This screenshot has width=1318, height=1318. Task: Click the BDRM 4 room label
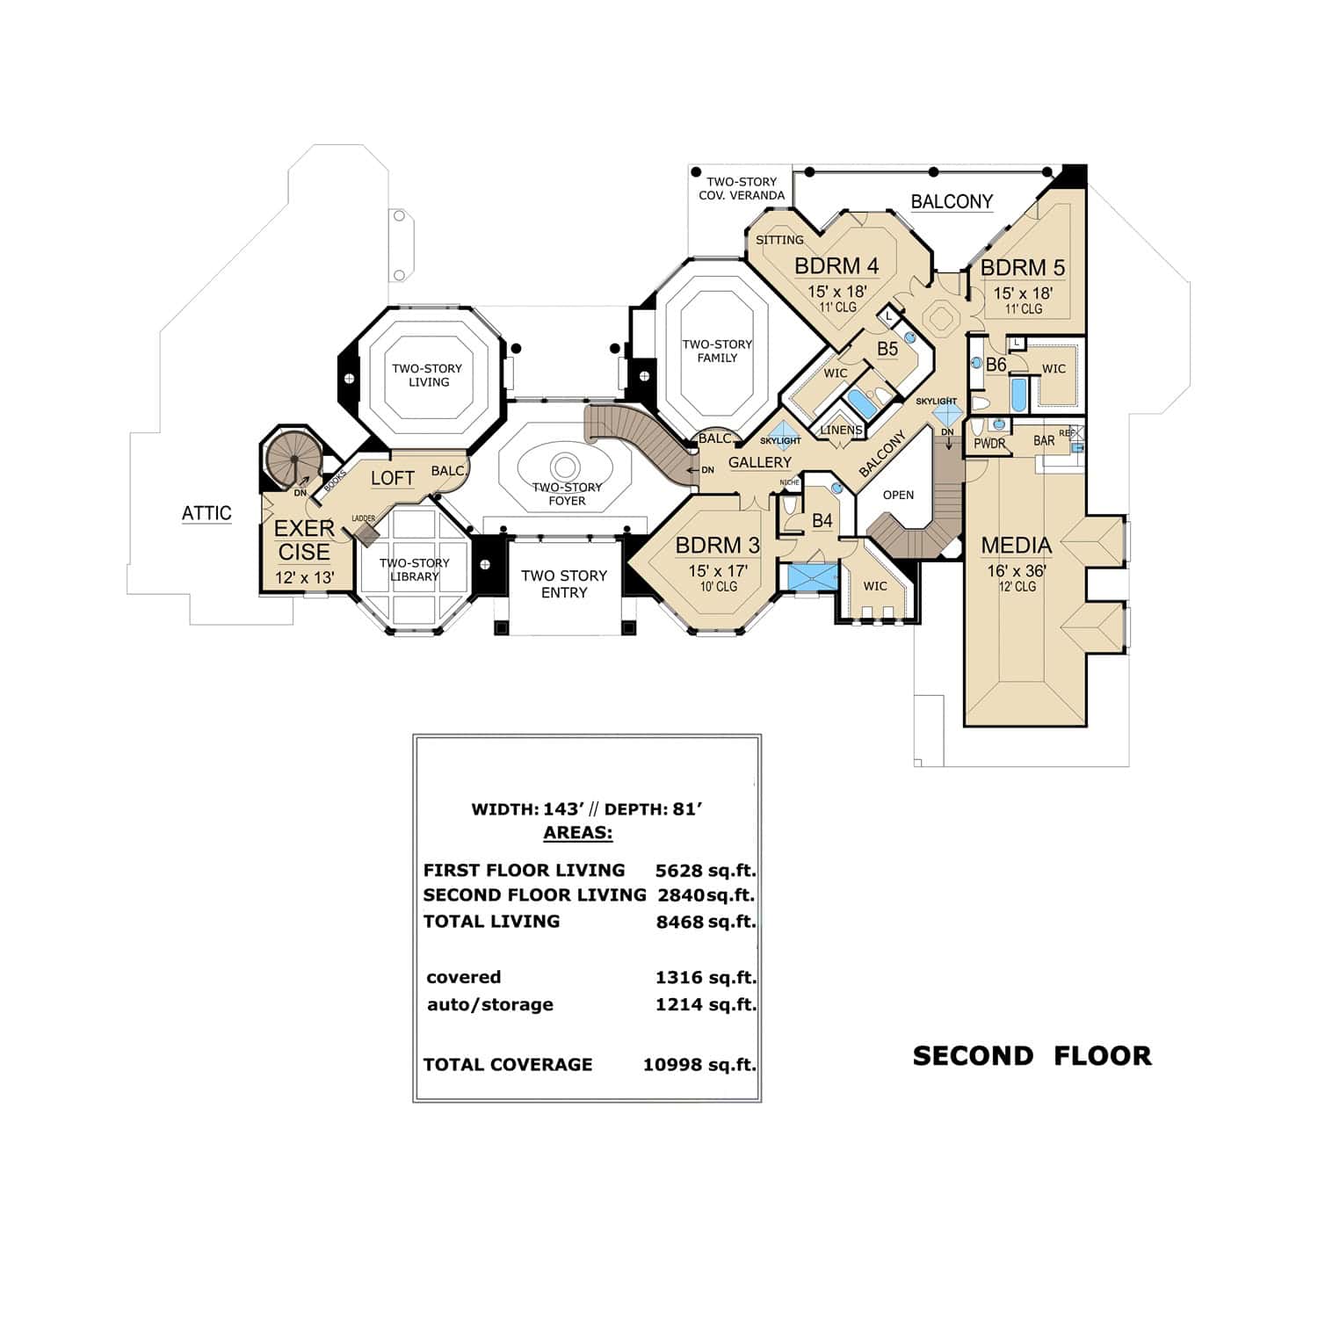[x=836, y=266]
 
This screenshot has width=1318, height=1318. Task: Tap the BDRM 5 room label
[x=1023, y=267]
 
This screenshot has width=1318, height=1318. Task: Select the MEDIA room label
[x=1016, y=546]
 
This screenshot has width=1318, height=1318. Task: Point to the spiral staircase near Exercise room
[x=291, y=457]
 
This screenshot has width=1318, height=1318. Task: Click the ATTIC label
[x=206, y=513]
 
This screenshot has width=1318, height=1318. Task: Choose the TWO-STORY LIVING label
[x=427, y=375]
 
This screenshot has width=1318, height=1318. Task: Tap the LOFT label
[x=392, y=478]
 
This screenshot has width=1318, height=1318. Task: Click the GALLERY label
[x=759, y=462]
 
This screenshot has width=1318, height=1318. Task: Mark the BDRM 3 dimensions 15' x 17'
[x=718, y=570]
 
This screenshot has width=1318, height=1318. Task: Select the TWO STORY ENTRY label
[x=563, y=584]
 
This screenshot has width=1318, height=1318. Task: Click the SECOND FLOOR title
[x=1032, y=1055]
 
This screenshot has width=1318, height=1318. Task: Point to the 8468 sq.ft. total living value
[x=705, y=922]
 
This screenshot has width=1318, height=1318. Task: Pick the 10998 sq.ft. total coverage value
[x=699, y=1064]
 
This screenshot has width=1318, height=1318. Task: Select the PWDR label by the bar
[x=989, y=444]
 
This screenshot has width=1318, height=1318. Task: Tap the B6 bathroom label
[x=996, y=365]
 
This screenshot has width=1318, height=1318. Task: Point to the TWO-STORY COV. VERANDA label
[x=741, y=188]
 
